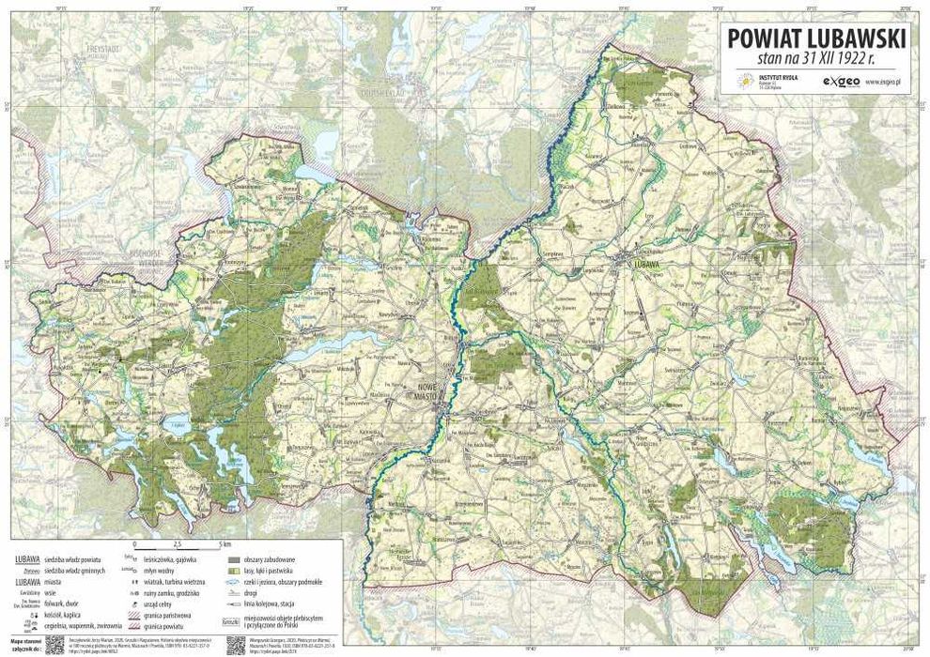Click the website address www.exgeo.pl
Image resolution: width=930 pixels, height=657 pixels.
(x=884, y=83)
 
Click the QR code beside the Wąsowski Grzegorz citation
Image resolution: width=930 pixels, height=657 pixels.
(x=228, y=645)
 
